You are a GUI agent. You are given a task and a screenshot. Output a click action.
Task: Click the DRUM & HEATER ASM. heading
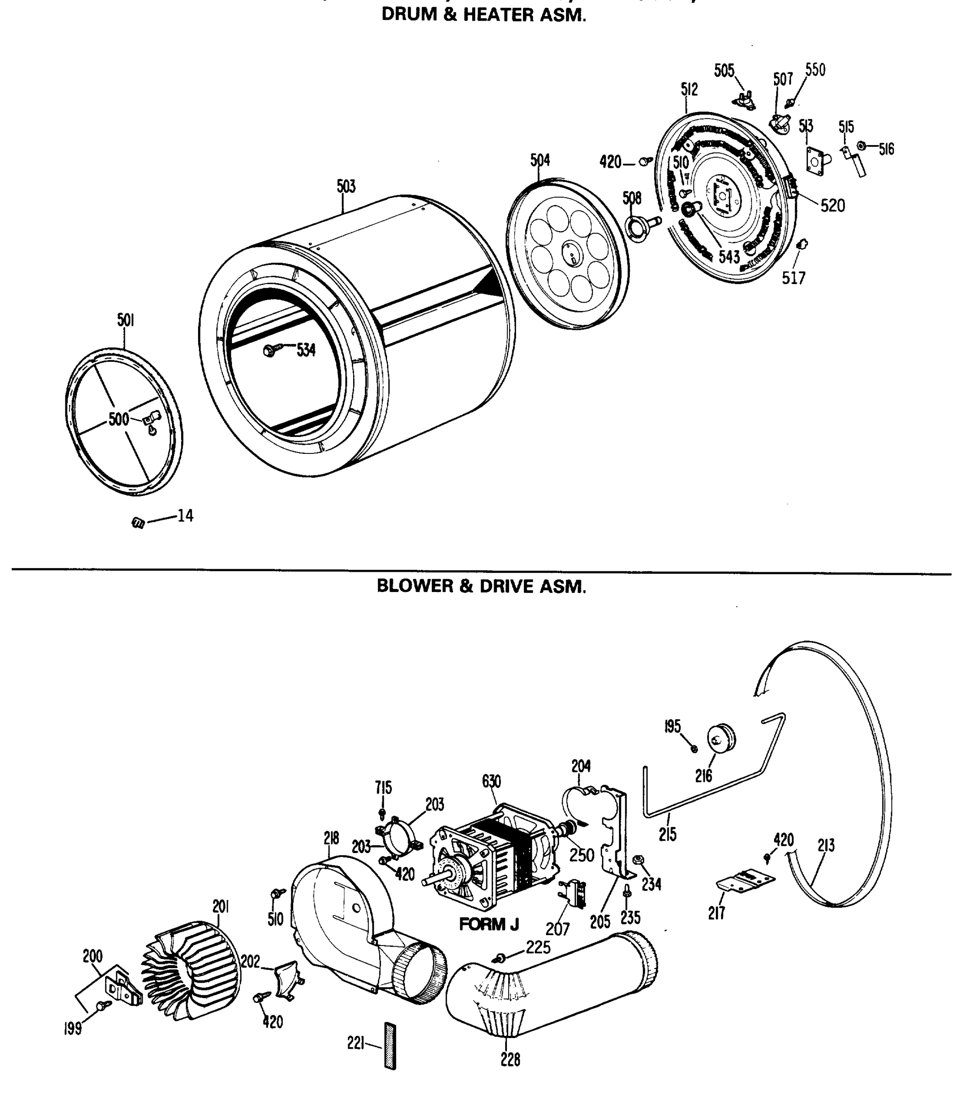[483, 15]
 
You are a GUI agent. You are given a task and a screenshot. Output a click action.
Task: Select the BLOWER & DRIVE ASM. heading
[481, 586]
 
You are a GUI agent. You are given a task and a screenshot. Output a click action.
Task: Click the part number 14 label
[185, 516]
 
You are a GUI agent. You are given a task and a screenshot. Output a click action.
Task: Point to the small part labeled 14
[138, 522]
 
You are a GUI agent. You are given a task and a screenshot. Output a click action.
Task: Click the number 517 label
[794, 278]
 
